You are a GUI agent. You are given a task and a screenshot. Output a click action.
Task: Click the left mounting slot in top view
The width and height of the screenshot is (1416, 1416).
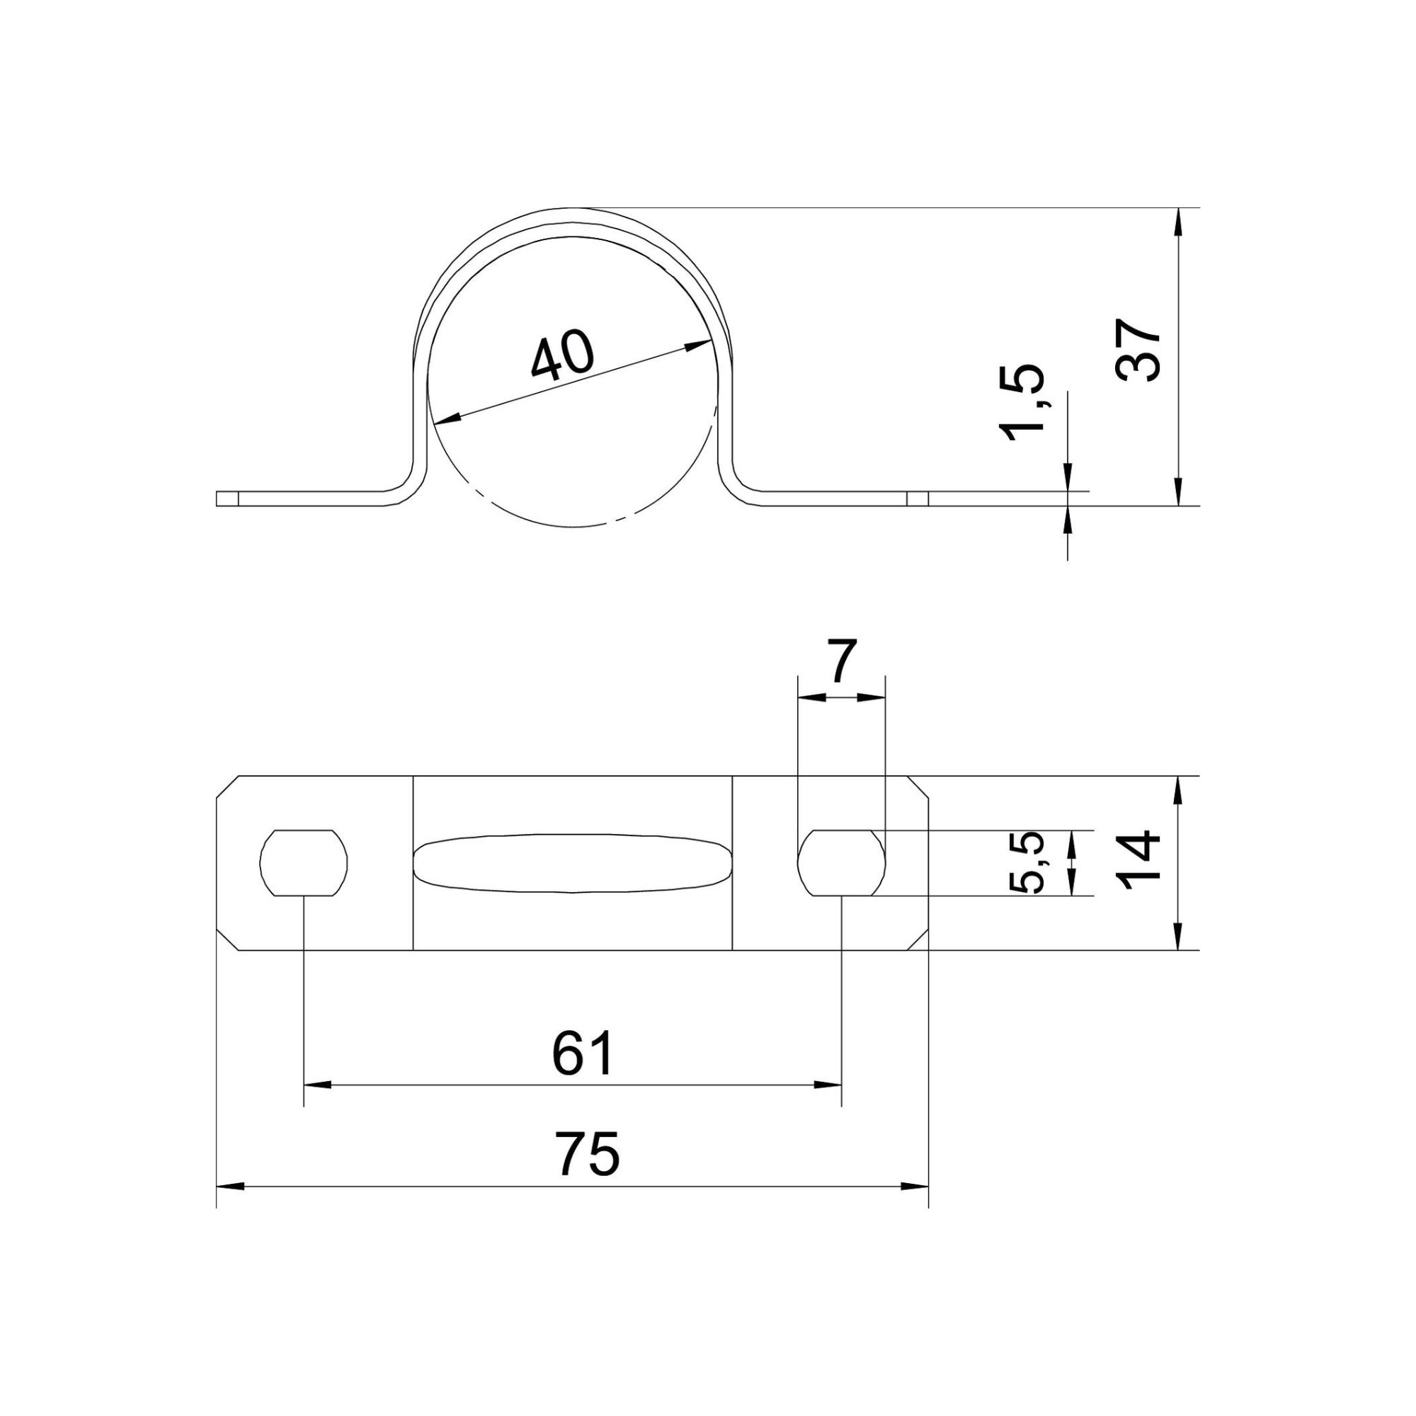(x=304, y=862)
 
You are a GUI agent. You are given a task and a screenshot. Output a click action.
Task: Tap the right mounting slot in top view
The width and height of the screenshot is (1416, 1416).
(x=841, y=862)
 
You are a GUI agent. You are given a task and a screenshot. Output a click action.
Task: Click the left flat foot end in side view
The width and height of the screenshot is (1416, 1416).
(x=227, y=498)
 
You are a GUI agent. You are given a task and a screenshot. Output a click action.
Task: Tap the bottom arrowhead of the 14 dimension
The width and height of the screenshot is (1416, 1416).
(x=1178, y=937)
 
